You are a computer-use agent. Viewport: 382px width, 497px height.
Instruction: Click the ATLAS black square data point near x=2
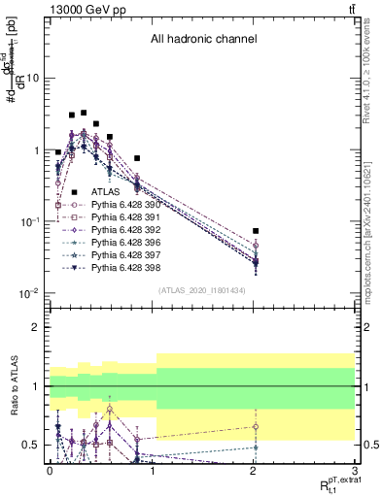[256, 231]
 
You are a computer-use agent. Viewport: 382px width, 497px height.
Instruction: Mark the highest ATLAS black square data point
[84, 113]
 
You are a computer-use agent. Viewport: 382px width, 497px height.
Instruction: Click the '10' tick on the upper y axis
[33, 78]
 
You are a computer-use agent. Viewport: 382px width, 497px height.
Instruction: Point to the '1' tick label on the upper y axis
[37, 150]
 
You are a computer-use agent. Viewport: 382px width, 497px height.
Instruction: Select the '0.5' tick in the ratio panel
[31, 445]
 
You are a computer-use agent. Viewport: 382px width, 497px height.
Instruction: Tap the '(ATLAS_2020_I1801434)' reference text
[201, 291]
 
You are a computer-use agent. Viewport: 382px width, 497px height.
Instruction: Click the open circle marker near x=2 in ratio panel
[256, 426]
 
